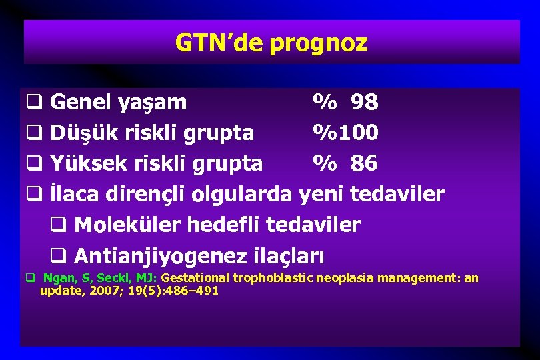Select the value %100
346,133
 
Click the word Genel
76,103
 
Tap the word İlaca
75,194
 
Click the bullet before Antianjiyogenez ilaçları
57,256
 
